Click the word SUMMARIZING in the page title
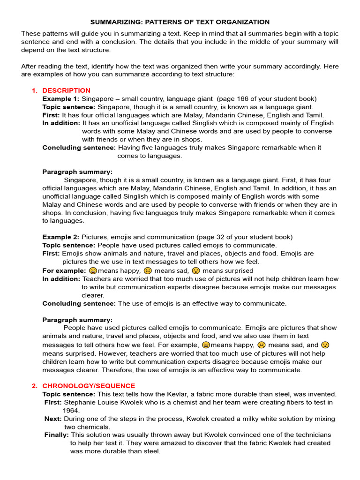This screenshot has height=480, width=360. pos(112,22)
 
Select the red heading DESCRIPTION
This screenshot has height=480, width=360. pos(66,90)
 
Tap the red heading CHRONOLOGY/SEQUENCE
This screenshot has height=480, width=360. pos(89,386)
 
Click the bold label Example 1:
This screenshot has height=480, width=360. pos(61,99)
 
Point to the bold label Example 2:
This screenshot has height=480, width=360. pos(61,237)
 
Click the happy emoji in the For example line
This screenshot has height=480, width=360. pos(93,270)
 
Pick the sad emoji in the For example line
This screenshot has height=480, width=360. pos(148,270)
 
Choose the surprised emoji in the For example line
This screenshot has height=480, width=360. pos(196,270)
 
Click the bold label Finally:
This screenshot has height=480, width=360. pos(56,435)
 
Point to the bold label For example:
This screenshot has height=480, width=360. pos(64,271)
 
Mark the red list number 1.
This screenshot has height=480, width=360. pos(34,90)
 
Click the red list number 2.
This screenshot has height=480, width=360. pos(34,386)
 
